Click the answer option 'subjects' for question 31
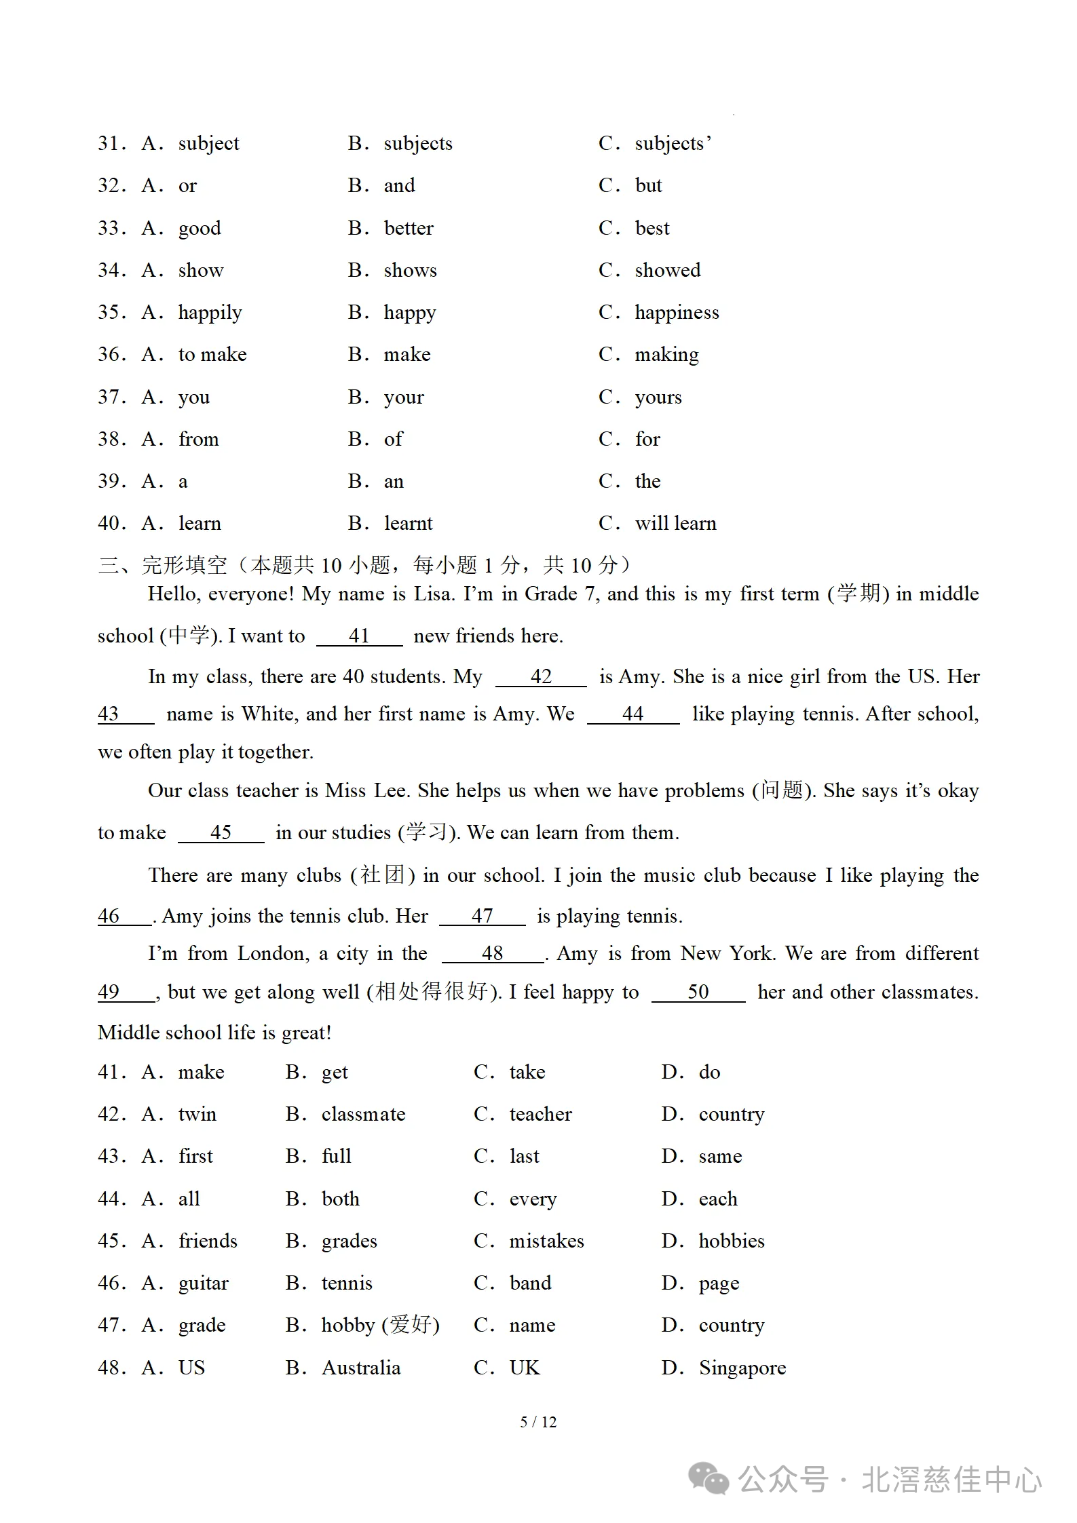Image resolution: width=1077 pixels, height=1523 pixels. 417,144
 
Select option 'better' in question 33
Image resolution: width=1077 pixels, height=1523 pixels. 408,228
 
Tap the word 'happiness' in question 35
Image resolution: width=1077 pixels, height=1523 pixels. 676,313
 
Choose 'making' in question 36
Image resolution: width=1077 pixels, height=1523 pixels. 666,355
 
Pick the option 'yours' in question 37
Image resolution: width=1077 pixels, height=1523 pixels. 658,398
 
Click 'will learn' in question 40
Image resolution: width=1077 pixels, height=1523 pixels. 675,524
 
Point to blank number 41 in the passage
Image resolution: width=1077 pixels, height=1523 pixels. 359,636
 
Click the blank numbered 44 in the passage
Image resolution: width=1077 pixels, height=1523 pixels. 632,714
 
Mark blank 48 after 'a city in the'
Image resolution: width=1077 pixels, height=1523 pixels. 492,954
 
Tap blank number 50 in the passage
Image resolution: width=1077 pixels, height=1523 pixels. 698,992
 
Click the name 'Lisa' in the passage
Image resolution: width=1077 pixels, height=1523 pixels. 433,594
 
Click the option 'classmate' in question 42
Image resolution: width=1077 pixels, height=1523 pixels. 363,1115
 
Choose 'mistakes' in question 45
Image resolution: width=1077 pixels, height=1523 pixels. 546,1241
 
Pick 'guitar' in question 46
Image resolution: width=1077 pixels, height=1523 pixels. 204,1284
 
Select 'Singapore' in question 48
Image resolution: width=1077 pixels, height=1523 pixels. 742,1368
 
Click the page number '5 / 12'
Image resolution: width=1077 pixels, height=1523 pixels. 538,1422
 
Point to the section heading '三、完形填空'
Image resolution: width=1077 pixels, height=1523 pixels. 163,565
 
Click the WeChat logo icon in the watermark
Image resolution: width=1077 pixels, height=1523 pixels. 708,1479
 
